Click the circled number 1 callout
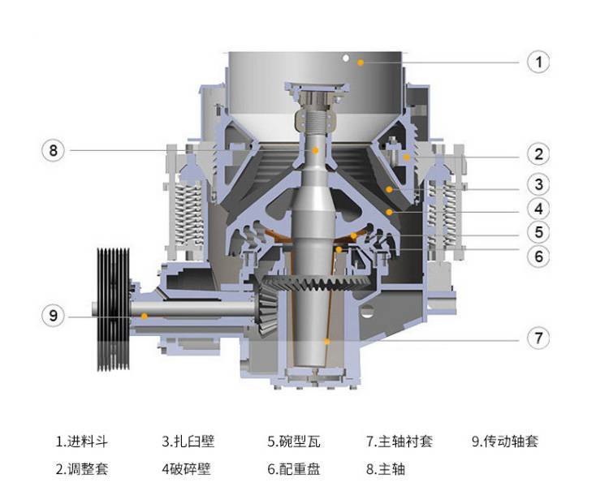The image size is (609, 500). click(538, 62)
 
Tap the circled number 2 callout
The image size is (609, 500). click(538, 154)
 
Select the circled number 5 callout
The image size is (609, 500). click(538, 232)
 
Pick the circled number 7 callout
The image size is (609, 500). click(538, 338)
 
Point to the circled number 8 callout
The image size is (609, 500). click(54, 150)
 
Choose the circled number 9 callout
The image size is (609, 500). click(54, 315)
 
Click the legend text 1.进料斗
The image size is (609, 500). click(81, 442)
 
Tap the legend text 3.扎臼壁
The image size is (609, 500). click(188, 442)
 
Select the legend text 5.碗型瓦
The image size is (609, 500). click(294, 442)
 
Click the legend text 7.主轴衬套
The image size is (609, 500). click(400, 442)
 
